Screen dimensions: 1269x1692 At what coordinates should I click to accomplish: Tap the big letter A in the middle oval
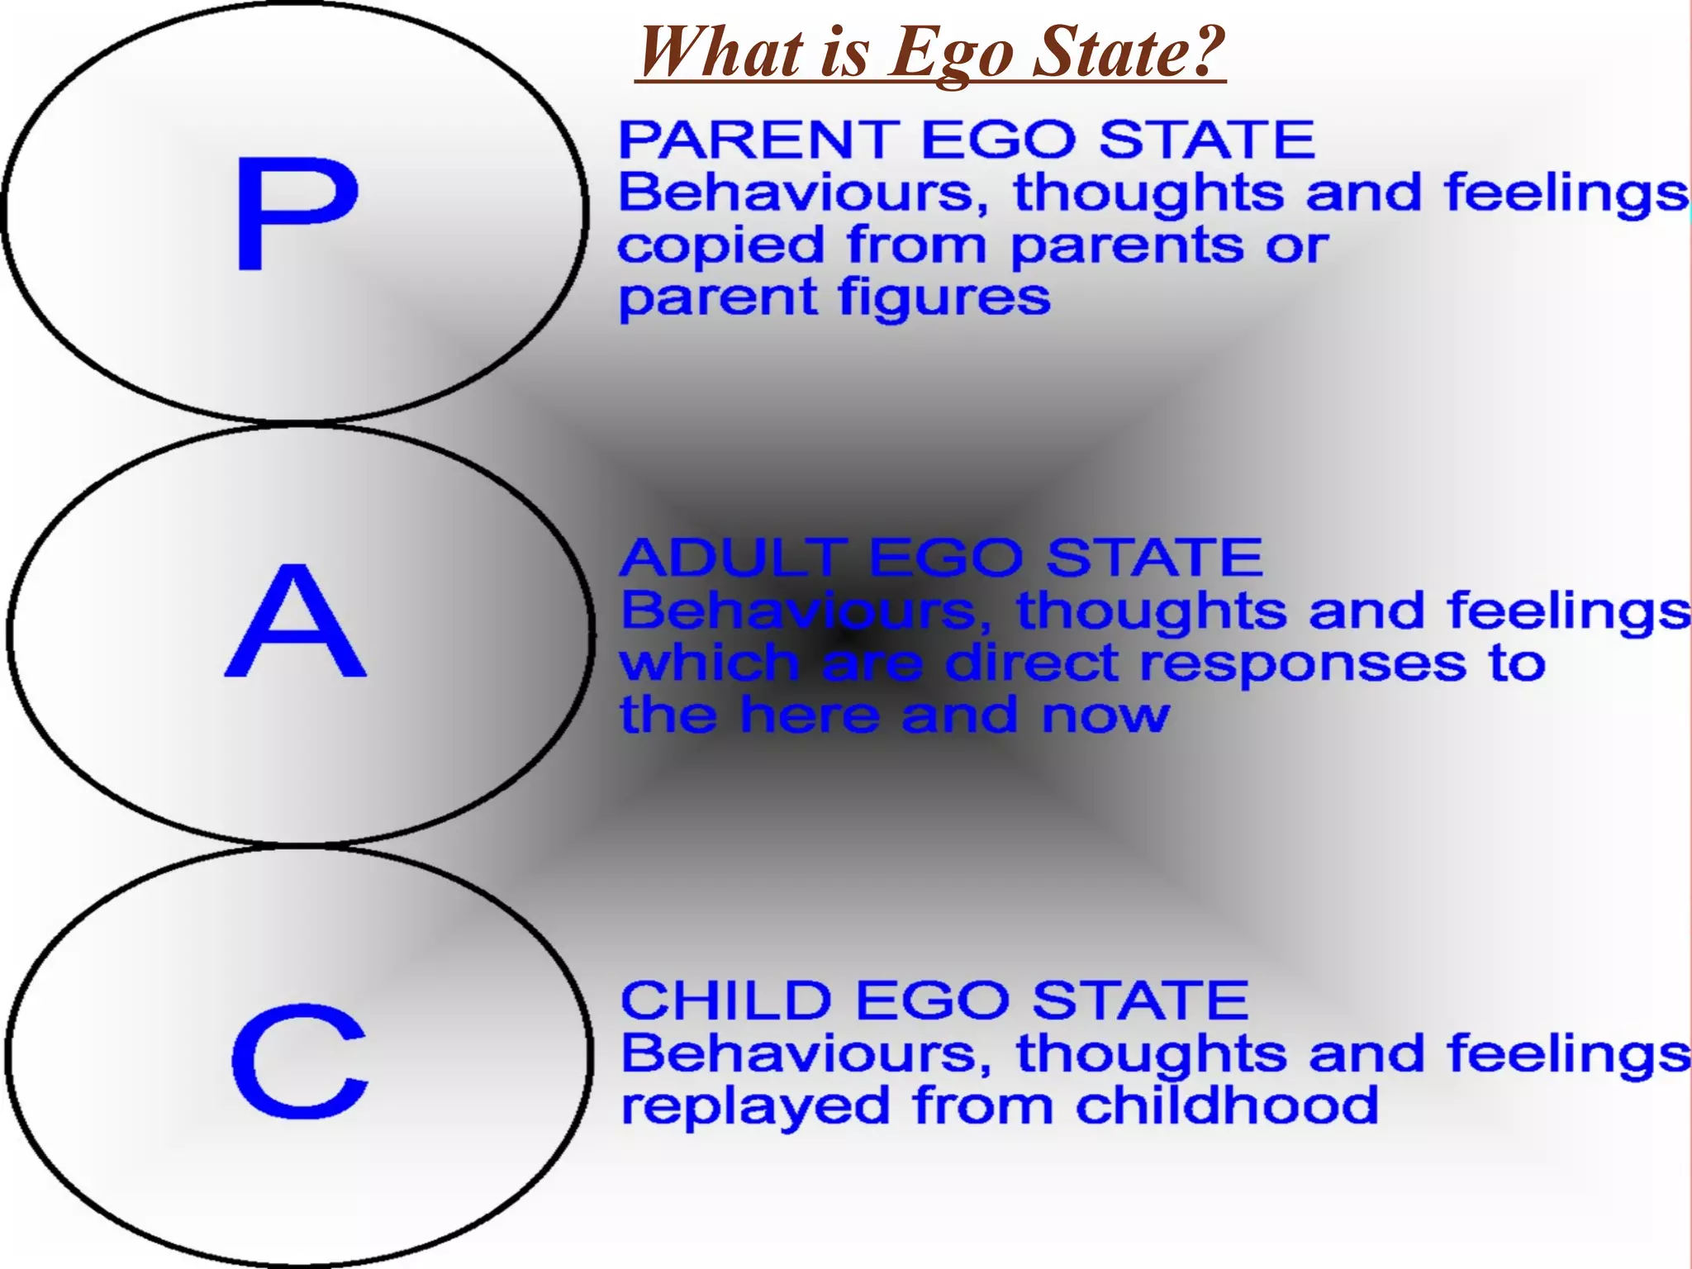click(295, 621)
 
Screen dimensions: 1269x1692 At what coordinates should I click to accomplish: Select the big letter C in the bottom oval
click(299, 1061)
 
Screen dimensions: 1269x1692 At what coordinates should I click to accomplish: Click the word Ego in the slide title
click(951, 53)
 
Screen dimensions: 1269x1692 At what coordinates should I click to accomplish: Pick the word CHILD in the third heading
click(725, 1000)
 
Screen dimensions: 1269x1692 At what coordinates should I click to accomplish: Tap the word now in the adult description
click(1105, 715)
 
